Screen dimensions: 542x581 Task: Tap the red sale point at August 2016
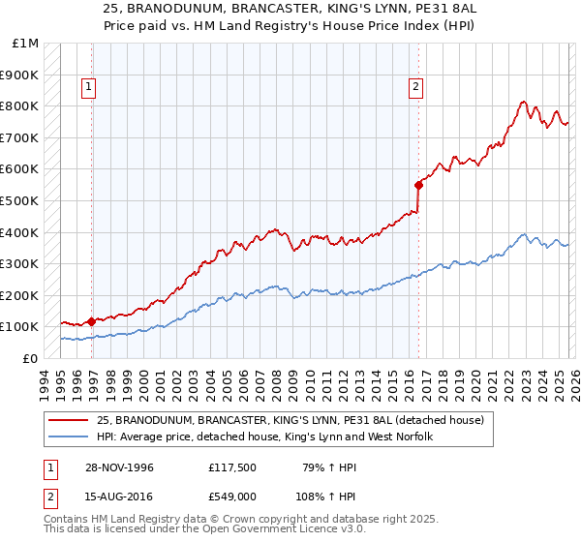click(x=419, y=184)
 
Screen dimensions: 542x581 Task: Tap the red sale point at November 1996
click(x=92, y=320)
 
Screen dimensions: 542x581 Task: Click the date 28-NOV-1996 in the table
click(x=117, y=467)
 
